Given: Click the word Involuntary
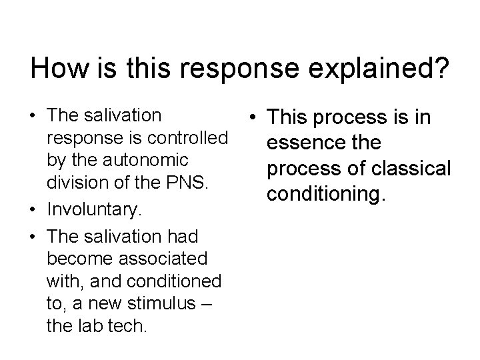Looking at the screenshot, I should tap(93, 212).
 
